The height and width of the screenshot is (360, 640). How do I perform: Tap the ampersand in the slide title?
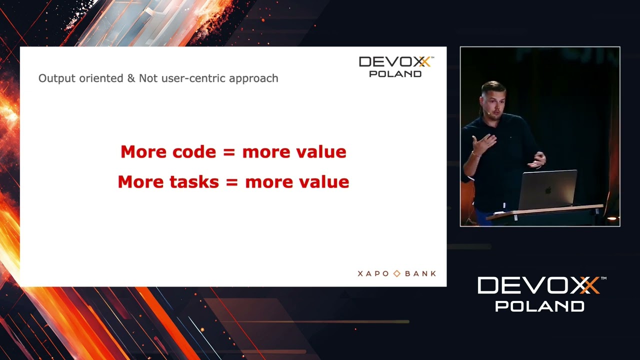point(131,78)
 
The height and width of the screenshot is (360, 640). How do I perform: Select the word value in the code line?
point(320,152)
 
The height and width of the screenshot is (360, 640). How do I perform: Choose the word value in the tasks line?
point(323,182)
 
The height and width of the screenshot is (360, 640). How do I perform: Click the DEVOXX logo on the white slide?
point(395,66)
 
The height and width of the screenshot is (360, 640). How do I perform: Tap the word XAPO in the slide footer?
point(374,273)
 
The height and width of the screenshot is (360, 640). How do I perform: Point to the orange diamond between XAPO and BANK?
point(397,273)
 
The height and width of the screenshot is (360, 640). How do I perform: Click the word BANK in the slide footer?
point(420,273)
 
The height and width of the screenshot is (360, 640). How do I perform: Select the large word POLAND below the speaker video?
point(539,306)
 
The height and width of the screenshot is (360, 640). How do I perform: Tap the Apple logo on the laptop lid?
point(548,190)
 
